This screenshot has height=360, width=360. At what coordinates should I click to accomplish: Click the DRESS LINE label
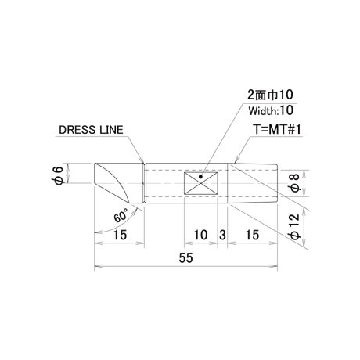tap(91, 130)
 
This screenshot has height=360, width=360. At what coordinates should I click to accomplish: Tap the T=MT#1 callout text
tap(277, 129)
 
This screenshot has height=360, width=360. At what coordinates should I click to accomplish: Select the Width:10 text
tap(271, 111)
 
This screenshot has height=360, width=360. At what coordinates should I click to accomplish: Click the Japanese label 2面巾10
tap(270, 95)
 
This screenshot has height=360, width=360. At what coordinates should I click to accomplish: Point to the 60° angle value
tap(121, 215)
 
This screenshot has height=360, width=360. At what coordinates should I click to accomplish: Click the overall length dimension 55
tap(185, 258)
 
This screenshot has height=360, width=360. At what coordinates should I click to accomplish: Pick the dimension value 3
tap(222, 235)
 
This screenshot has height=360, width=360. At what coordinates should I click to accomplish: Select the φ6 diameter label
tap(59, 175)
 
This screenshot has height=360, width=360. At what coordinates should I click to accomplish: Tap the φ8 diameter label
tap(295, 183)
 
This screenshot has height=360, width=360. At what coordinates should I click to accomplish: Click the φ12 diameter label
tap(295, 226)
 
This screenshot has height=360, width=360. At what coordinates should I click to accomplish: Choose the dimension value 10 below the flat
tap(200, 235)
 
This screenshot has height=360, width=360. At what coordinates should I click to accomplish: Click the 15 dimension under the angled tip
tap(120, 235)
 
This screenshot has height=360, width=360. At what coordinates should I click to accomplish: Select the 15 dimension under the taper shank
tap(252, 235)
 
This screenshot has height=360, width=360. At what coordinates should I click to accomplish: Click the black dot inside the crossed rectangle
tap(200, 177)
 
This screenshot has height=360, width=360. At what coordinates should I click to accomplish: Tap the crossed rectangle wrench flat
tap(201, 183)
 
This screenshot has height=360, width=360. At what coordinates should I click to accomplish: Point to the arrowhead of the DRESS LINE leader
tap(142, 160)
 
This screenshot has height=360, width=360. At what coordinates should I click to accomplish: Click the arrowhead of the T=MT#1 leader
tap(236, 160)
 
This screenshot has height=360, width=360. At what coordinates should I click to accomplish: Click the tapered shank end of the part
tap(252, 183)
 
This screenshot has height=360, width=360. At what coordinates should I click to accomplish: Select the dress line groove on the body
tap(144, 183)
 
